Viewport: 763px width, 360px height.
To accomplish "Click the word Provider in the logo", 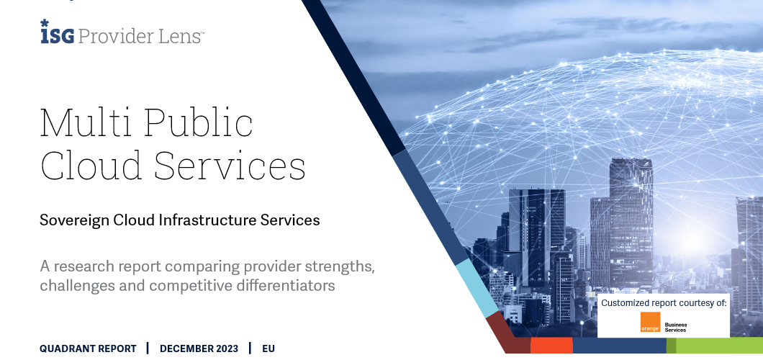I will (110, 35).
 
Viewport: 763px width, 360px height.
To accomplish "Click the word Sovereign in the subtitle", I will (74, 220).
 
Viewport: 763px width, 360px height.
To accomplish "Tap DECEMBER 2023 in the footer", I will (199, 349).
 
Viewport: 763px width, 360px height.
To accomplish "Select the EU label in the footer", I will (268, 349).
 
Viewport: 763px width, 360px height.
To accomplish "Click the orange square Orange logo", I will (650, 323).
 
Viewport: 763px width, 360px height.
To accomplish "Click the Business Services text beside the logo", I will (676, 327).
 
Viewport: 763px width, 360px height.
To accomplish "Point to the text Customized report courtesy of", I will (664, 303).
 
